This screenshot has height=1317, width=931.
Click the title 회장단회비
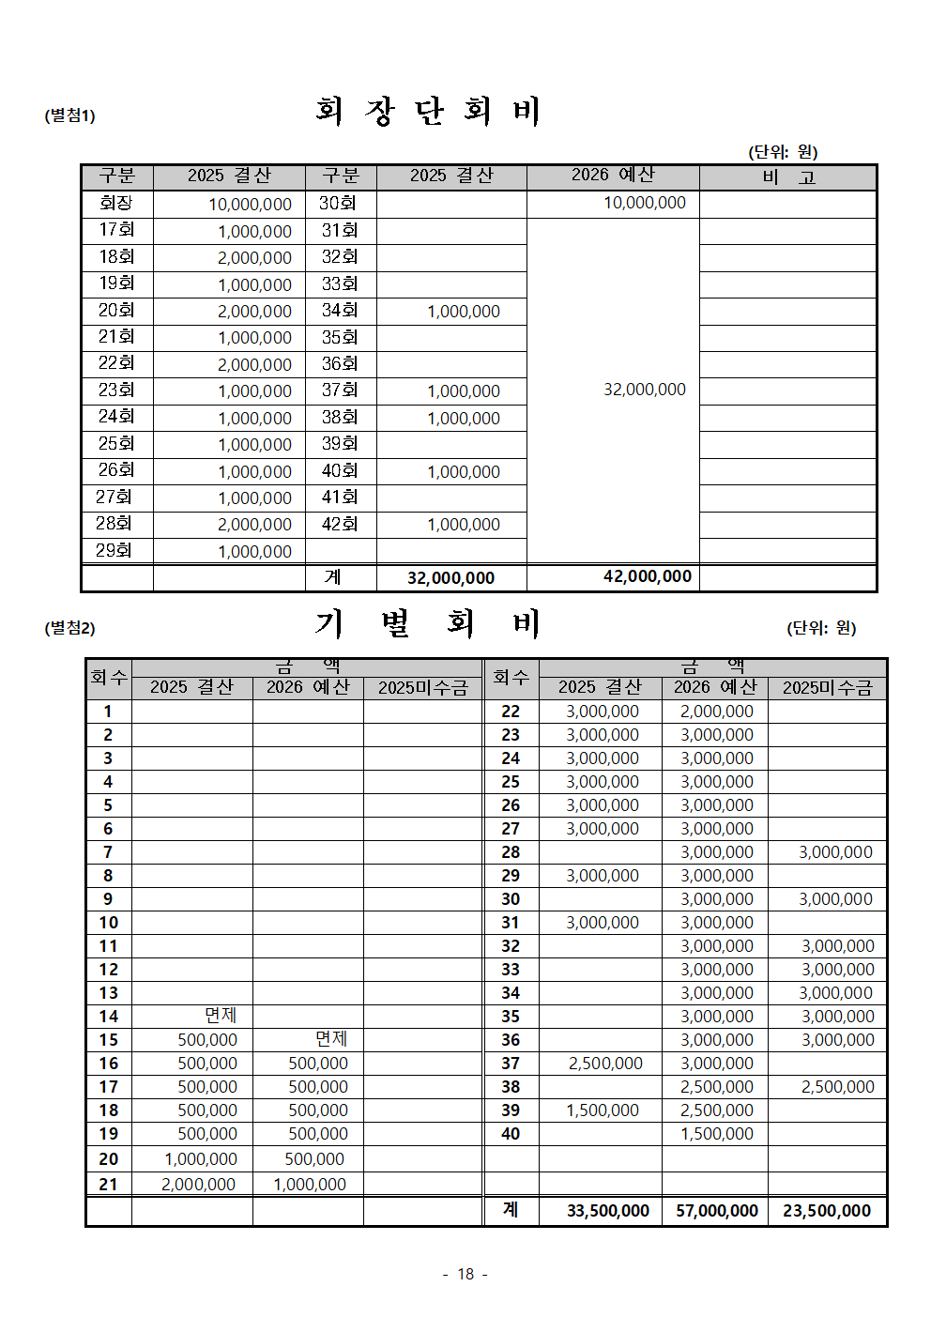[428, 112]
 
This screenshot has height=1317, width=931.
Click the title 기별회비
[428, 624]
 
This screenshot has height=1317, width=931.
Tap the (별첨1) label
[69, 115]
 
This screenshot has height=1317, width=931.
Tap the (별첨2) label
[69, 628]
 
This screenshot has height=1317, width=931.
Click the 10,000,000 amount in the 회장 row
[250, 205]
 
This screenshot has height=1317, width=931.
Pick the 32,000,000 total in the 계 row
[450, 578]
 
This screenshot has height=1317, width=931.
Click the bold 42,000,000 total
[647, 576]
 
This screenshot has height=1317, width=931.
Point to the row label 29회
[114, 550]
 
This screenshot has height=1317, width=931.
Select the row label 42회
[339, 524]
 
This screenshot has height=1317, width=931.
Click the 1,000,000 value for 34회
[463, 312]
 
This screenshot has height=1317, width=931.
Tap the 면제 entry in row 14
[221, 1016]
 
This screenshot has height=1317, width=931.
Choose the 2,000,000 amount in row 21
[198, 1185]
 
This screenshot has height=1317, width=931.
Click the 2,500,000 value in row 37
[605, 1064]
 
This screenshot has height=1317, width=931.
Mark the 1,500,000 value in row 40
[716, 1134]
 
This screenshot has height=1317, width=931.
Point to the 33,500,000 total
[607, 1211]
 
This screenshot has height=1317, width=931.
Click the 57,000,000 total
[716, 1211]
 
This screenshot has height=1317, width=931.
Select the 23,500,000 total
[827, 1211]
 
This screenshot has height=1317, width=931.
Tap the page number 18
[465, 1274]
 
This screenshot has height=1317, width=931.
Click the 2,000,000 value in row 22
[716, 712]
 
